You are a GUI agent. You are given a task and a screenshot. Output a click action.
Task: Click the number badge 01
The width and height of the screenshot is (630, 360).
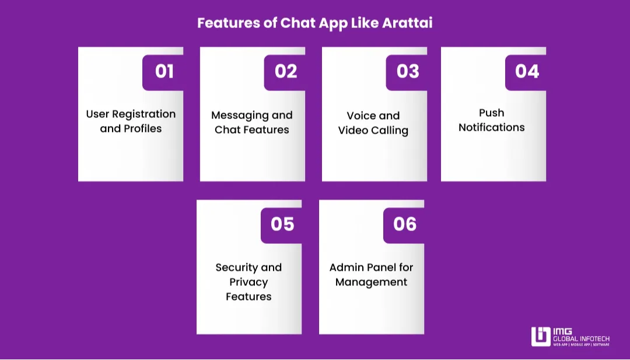pyautogui.click(x=164, y=71)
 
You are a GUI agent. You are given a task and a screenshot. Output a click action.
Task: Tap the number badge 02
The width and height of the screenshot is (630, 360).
pyautogui.click(x=286, y=71)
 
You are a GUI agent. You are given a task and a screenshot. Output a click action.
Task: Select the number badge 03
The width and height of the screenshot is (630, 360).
pyautogui.click(x=408, y=71)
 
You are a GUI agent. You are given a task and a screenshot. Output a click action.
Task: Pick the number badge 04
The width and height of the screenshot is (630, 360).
pyautogui.click(x=527, y=71)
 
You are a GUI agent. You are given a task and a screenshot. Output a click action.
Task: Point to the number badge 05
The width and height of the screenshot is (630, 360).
pyautogui.click(x=282, y=224)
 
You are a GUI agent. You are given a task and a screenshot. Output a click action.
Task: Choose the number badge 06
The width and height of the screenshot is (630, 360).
pyautogui.click(x=405, y=224)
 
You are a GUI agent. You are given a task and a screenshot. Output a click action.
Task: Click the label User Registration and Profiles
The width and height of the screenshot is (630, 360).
pyautogui.click(x=131, y=121)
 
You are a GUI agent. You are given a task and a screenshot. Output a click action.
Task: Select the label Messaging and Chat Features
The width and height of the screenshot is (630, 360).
pyautogui.click(x=252, y=123)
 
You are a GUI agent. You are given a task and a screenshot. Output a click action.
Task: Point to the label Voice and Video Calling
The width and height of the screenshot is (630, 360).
pyautogui.click(x=373, y=123)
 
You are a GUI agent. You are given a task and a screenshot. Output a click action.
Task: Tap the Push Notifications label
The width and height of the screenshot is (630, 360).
pyautogui.click(x=492, y=120)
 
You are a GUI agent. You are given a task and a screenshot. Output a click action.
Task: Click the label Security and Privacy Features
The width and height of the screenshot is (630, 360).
pyautogui.click(x=249, y=282)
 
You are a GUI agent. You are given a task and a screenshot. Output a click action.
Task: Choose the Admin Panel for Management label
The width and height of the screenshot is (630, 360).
pyautogui.click(x=371, y=275)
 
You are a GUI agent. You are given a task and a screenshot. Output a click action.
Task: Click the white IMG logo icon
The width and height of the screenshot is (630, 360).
pyautogui.click(x=541, y=337)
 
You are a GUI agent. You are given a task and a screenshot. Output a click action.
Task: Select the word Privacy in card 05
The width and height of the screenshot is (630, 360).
pyautogui.click(x=249, y=282)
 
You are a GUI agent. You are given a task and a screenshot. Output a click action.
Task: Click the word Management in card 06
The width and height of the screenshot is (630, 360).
pyautogui.click(x=371, y=282)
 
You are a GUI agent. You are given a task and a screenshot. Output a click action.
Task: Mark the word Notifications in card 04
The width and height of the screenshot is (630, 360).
pyautogui.click(x=492, y=128)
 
